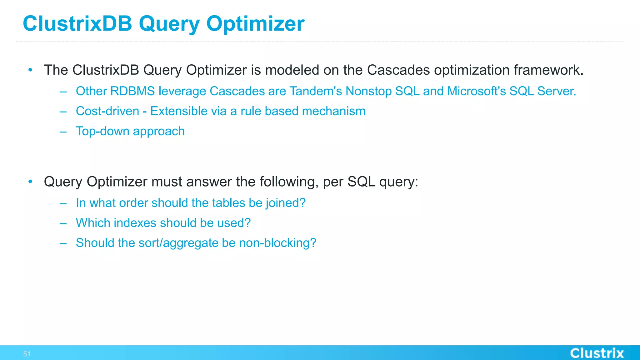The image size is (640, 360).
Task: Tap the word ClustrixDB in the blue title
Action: click(77, 24)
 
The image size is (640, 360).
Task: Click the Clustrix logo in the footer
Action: click(597, 353)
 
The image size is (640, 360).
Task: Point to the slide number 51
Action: click(27, 354)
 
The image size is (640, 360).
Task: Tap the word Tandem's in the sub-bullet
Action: click(316, 91)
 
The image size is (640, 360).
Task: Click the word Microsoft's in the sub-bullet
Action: click(476, 91)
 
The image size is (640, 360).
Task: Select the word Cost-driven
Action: click(107, 111)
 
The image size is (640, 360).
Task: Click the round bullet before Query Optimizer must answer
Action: click(30, 182)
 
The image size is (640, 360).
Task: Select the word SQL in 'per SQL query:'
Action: click(361, 182)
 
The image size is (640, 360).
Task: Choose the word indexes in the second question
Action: click(135, 223)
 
